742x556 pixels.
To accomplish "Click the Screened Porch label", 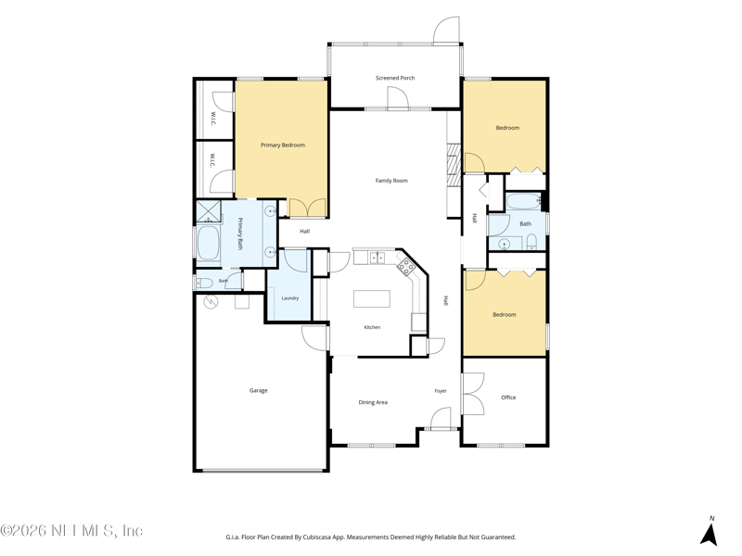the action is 395,78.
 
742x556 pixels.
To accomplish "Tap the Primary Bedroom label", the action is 283,145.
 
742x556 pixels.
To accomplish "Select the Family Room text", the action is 391,181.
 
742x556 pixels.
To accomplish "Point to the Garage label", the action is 259,390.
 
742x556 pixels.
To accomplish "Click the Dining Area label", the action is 373,402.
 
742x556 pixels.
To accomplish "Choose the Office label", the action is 508,398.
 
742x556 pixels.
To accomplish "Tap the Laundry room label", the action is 290,298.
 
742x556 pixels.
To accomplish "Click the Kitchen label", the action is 372,327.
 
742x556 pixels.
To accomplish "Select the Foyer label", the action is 441,391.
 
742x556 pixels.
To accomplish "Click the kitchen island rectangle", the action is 372,298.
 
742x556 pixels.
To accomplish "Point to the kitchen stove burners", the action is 406,267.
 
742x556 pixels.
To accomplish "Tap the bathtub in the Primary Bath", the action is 208,244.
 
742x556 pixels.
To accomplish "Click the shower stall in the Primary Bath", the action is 209,211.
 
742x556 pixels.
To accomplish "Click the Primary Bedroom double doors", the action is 308,208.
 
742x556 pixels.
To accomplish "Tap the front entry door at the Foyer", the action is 441,419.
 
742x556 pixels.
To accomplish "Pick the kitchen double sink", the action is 377,258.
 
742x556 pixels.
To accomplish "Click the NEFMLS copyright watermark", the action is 71,531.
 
